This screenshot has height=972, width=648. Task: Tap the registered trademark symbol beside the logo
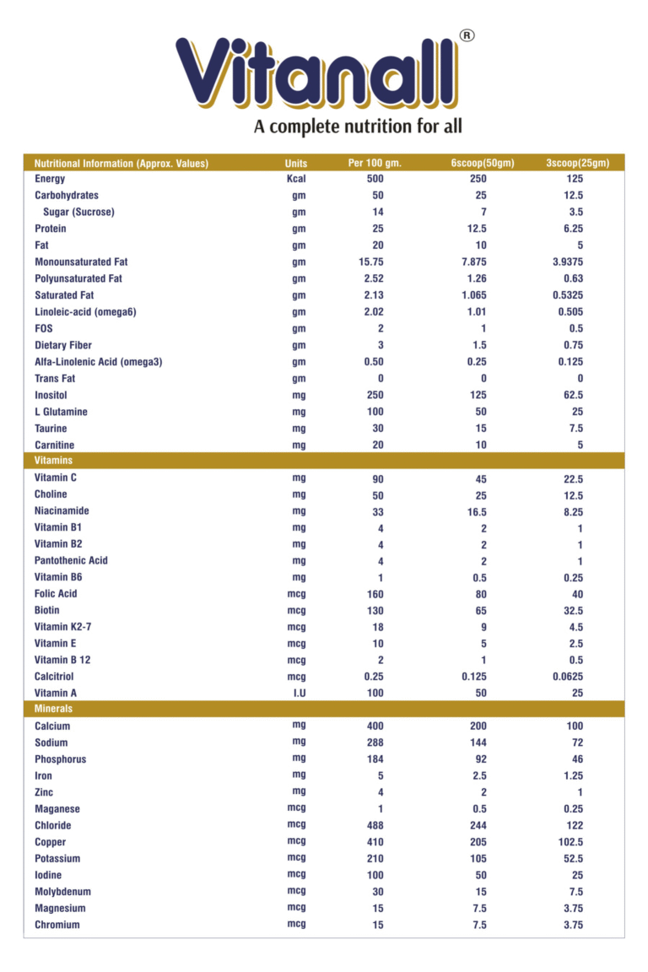pyautogui.click(x=466, y=35)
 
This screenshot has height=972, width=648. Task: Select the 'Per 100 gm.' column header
pyautogui.click(x=375, y=163)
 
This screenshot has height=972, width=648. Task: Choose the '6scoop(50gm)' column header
pyautogui.click(x=482, y=163)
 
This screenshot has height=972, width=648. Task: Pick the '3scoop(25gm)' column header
pyautogui.click(x=577, y=163)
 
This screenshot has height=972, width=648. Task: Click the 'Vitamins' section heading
pyautogui.click(x=53, y=461)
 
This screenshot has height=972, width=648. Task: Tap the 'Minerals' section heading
pyautogui.click(x=53, y=709)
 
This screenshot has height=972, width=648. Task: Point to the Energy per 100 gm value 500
pyautogui.click(x=375, y=179)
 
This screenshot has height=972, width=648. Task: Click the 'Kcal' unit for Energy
pyautogui.click(x=295, y=179)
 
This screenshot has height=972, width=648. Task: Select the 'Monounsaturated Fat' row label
pyautogui.click(x=80, y=262)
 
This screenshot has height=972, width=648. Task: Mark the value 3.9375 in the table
pyautogui.click(x=575, y=262)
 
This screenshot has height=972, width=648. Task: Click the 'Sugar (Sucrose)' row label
pyautogui.click(x=78, y=212)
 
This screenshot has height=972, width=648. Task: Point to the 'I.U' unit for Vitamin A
pyautogui.click(x=299, y=693)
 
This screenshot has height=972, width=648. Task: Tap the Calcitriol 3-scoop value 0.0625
pyautogui.click(x=575, y=677)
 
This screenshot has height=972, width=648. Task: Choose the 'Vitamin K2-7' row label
pyautogui.click(x=62, y=627)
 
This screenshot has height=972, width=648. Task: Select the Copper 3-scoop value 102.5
pyautogui.click(x=575, y=842)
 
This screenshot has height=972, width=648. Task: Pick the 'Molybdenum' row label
pyautogui.click(x=62, y=892)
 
